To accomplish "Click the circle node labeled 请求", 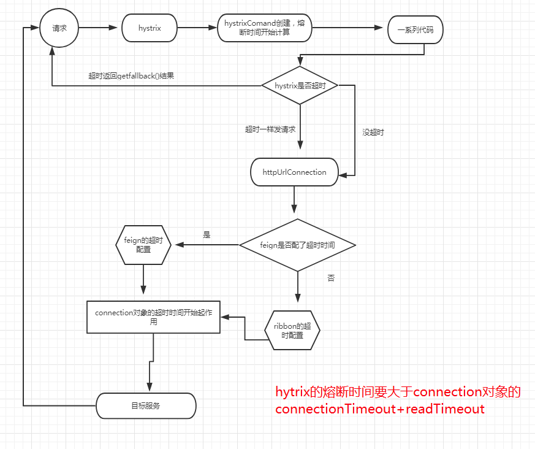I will click(59, 28).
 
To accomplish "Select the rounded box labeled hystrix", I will click(149, 28).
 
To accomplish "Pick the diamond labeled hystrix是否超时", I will click(300, 86).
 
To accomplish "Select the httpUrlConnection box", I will click(294, 172).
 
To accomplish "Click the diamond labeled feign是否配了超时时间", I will click(297, 245).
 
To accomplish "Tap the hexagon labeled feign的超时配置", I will click(143, 245).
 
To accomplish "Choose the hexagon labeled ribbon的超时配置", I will click(292, 330).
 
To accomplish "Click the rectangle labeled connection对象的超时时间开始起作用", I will click(153, 317).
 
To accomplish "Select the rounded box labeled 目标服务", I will click(146, 405).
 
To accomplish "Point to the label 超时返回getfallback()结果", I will click(131, 76).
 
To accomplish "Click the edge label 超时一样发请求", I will click(270, 129).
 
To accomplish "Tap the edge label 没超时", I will click(373, 132).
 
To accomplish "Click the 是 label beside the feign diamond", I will click(207, 234).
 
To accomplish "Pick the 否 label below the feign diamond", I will click(331, 278).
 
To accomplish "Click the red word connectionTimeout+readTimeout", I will click(379, 409).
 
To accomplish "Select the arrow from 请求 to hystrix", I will click(98, 28).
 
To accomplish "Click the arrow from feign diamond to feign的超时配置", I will click(207, 245).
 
